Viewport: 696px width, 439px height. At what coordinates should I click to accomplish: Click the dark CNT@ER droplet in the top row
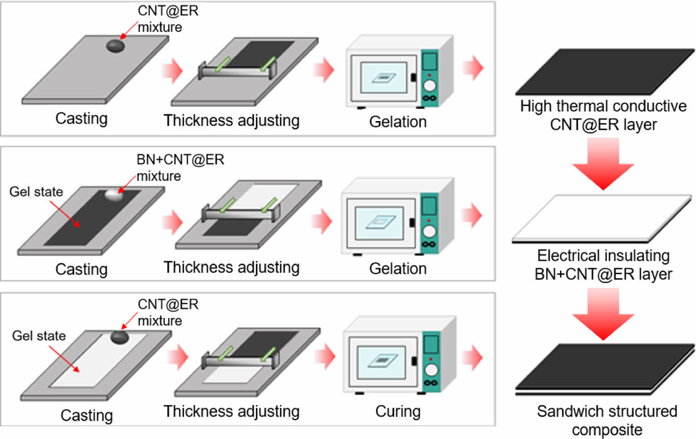pos(115,46)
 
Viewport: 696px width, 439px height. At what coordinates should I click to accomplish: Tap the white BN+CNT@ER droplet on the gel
pos(114,195)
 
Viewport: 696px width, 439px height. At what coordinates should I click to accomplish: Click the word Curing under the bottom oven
pos(398,411)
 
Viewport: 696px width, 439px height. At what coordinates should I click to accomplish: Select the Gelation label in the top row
pos(398,122)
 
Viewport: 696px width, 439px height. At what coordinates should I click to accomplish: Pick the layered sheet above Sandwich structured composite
pos(605,369)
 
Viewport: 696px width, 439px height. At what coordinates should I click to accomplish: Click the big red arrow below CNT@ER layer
pos(603,164)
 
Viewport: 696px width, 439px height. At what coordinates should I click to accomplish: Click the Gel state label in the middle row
pos(36,192)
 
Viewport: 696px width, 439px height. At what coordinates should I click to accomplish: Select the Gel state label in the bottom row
pos(40,336)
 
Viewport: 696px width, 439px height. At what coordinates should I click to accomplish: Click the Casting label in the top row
pos(82,118)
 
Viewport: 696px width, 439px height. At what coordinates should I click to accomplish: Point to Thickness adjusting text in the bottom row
pos(232,411)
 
